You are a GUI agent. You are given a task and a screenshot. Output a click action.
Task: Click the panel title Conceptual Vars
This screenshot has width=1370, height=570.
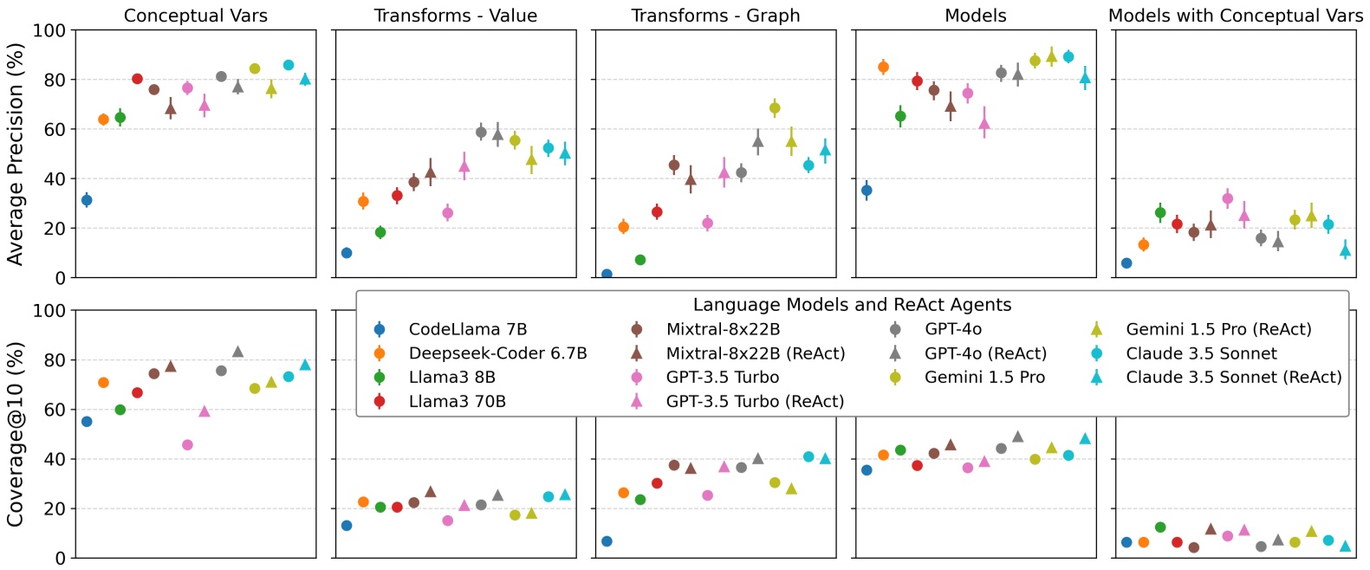point(195,16)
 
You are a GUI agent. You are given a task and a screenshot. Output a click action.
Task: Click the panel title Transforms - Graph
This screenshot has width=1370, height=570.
point(715,16)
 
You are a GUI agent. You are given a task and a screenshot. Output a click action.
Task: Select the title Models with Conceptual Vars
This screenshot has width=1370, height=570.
point(1235,16)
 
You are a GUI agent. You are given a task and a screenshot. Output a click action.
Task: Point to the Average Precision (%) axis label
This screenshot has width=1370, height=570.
point(15,153)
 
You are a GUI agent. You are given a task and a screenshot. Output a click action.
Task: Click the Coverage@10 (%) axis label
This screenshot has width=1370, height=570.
point(15,434)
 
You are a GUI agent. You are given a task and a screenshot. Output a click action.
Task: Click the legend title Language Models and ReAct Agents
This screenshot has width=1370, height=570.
point(852,305)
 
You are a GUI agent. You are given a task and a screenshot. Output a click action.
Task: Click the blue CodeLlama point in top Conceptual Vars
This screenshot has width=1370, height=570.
point(87,200)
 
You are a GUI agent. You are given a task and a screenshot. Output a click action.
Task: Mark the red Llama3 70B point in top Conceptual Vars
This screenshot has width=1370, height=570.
point(137,79)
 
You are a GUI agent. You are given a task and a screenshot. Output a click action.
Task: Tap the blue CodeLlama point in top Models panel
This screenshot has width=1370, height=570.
point(867,191)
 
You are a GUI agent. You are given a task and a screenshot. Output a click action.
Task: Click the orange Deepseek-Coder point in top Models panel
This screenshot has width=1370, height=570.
point(883,67)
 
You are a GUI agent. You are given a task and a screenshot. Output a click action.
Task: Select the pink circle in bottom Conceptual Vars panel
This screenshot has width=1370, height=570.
point(187,444)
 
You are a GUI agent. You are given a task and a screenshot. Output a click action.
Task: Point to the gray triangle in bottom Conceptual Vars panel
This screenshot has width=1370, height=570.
point(237,352)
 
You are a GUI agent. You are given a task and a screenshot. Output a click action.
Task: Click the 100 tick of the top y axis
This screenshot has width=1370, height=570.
point(49,31)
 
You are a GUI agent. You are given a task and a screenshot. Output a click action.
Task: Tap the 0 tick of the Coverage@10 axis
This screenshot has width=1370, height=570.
point(60,558)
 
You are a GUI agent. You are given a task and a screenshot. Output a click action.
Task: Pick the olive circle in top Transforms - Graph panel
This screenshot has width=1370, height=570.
point(775,108)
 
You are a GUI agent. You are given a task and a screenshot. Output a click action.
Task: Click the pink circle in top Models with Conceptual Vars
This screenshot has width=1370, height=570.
point(1227,198)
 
